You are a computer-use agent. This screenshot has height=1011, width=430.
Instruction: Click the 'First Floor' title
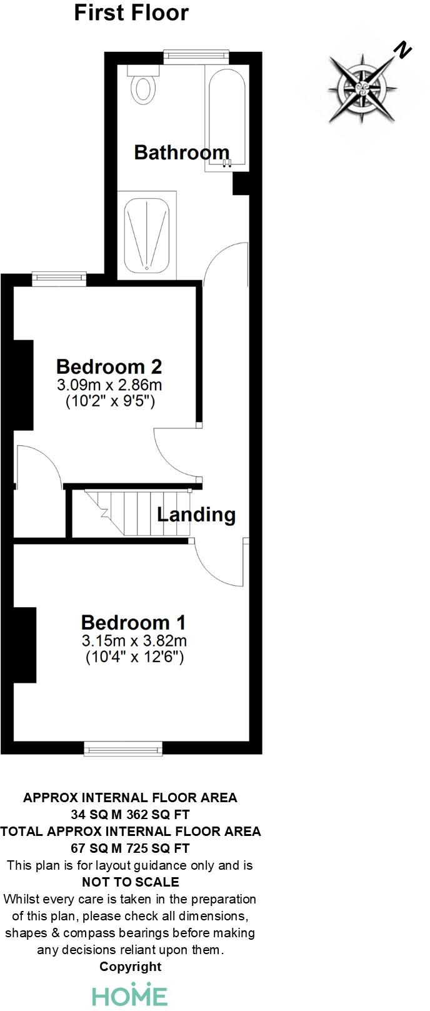click(x=131, y=13)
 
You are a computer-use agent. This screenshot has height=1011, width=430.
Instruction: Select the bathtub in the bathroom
click(x=226, y=118)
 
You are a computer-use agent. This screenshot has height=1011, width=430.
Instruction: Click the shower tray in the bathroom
click(x=147, y=235)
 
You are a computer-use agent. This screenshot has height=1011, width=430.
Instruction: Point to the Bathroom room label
click(x=182, y=152)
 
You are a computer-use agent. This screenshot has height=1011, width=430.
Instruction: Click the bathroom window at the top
click(x=196, y=55)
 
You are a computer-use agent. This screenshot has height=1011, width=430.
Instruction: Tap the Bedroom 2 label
click(x=109, y=366)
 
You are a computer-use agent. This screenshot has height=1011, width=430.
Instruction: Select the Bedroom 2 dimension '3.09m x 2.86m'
click(x=109, y=385)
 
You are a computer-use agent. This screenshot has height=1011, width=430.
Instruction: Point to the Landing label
click(x=196, y=515)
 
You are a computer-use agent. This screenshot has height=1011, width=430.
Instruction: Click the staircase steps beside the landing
click(x=137, y=513)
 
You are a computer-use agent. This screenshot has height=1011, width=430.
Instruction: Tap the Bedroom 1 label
click(x=133, y=622)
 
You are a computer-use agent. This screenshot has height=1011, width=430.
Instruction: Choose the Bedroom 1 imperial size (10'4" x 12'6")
click(x=134, y=657)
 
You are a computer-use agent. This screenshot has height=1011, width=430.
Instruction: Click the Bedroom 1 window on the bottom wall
click(x=123, y=750)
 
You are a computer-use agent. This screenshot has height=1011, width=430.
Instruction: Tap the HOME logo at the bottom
click(x=130, y=995)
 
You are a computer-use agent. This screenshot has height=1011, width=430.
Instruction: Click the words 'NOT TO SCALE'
click(x=131, y=882)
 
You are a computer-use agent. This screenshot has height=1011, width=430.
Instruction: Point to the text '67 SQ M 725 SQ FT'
click(x=130, y=848)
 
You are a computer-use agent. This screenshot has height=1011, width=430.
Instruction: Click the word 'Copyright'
click(x=131, y=967)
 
